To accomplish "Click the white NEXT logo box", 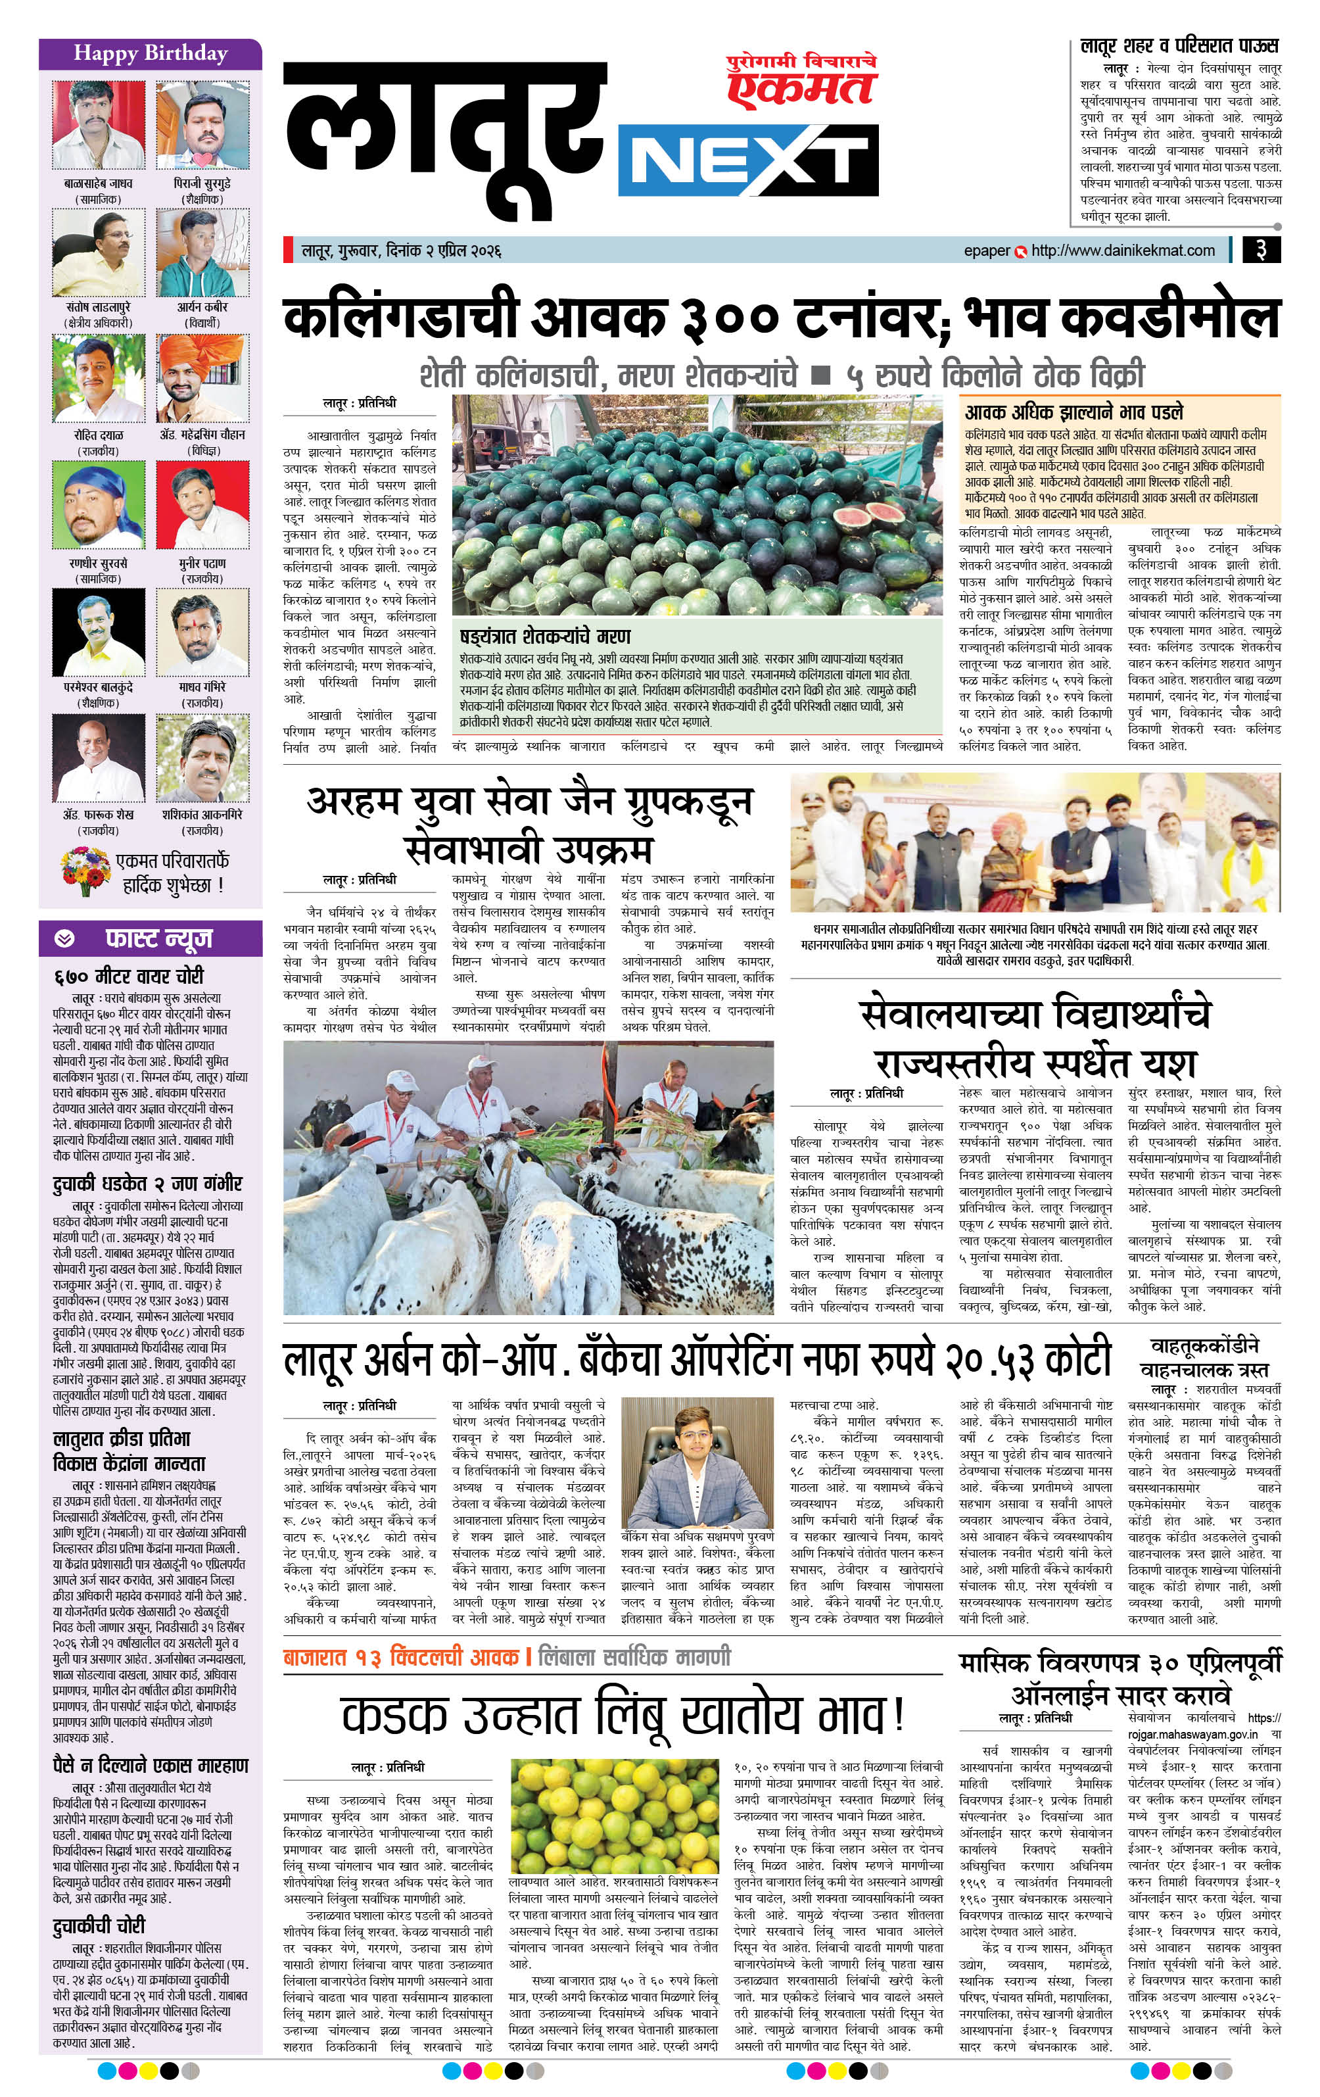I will point(747,161).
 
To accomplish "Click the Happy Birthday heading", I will point(150,53).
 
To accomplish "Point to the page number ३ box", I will point(1260,250).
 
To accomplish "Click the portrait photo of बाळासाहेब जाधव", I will point(99,124).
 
